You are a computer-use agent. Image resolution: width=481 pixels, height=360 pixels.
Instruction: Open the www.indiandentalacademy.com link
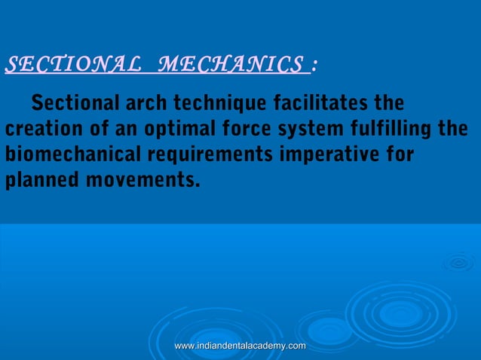coord(240,345)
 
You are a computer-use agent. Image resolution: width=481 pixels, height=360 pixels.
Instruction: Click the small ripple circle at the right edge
coord(458,263)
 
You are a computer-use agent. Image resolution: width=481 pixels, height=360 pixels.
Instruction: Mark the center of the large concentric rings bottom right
coord(400,313)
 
